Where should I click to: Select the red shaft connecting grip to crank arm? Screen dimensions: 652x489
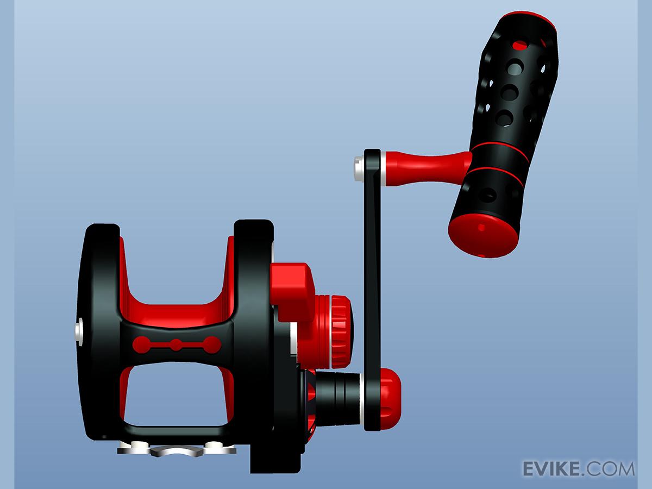click(428, 167)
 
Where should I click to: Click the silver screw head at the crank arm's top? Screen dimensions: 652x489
click(359, 168)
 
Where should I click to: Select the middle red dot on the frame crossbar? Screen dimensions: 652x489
click(176, 344)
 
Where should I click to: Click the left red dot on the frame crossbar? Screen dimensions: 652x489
click(141, 344)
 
